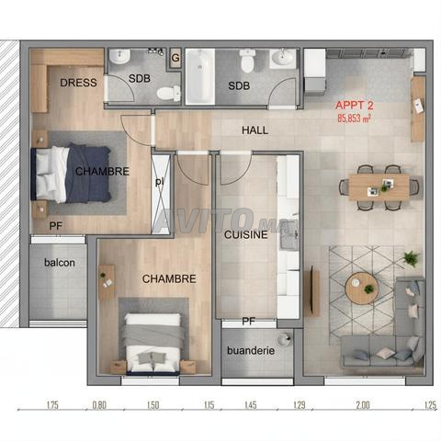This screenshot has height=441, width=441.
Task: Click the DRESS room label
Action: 78,83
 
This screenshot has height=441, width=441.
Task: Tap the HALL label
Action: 254,130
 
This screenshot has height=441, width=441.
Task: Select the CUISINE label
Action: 246,234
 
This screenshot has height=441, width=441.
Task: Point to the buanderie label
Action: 251,350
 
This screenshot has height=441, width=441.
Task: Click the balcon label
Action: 60,263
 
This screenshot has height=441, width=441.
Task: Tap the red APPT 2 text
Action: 355,106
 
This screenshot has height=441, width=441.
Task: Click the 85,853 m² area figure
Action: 355,119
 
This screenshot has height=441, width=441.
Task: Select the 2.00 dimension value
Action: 363,405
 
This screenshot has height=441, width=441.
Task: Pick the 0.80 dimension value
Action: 99,405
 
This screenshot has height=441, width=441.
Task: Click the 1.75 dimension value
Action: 52,405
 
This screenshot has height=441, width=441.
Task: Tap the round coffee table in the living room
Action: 361,288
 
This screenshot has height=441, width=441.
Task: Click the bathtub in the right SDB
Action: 200,76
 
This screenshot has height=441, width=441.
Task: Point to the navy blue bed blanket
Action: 88,174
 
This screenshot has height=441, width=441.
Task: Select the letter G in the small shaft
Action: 175,58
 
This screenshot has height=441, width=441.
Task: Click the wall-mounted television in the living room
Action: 312,291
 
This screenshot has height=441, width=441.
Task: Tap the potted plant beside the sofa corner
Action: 411,259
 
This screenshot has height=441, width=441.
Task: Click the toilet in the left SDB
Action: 169,93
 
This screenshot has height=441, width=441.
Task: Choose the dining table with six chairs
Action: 379,187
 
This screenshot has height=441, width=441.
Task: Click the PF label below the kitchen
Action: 249,322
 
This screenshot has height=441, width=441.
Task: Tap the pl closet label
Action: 159,182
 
